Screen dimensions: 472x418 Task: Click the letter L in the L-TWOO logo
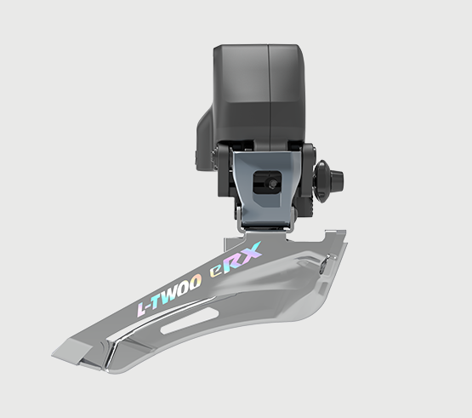[142, 308]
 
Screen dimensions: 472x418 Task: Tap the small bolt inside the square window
[273, 183]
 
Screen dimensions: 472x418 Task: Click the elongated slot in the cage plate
[190, 320]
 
